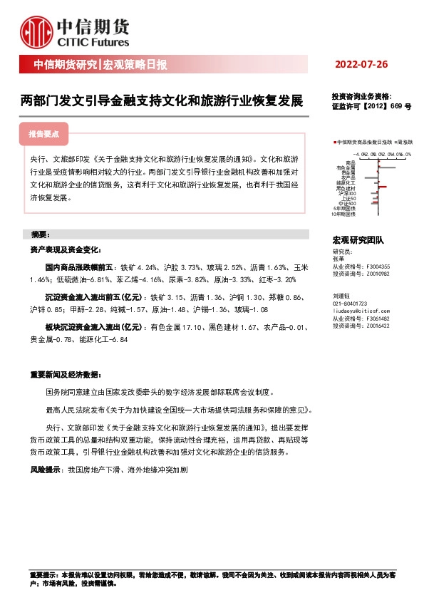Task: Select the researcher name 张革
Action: [x=338, y=259]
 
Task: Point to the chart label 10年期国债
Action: [x=343, y=213]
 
